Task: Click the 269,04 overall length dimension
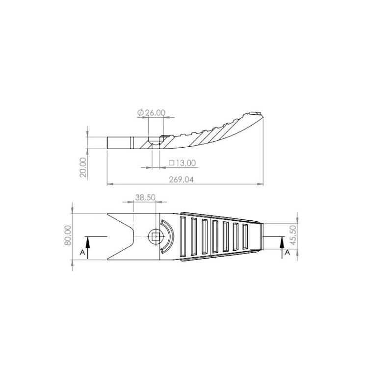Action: click(x=182, y=180)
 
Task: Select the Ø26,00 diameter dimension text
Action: click(x=152, y=113)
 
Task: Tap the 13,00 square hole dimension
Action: click(x=183, y=162)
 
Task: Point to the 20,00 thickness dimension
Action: click(x=83, y=167)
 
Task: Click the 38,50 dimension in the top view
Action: click(x=145, y=197)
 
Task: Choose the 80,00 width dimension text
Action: click(x=68, y=235)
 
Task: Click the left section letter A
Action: click(x=82, y=253)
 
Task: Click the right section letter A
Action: click(x=287, y=253)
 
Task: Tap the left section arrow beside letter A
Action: click(x=87, y=248)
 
